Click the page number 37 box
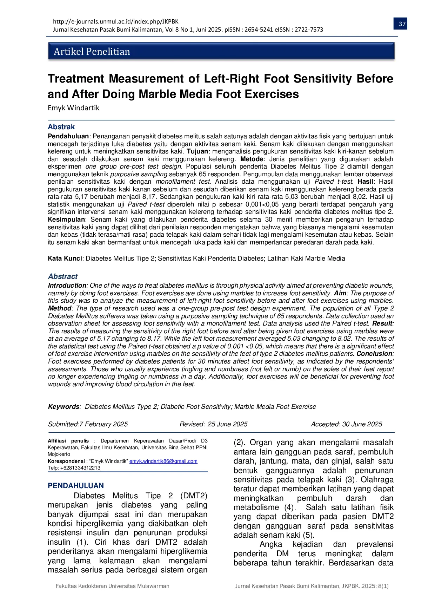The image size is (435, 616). (x=402, y=24)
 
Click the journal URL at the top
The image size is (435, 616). (x=116, y=21)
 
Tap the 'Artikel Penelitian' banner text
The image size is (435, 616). (x=92, y=52)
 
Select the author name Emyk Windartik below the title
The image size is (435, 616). (x=74, y=108)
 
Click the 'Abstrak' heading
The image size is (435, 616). (x=61, y=127)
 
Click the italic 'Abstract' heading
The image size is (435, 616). (x=63, y=276)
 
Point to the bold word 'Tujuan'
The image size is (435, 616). (x=198, y=151)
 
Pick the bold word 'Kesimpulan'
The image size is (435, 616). (x=66, y=219)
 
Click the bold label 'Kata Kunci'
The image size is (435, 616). (x=65, y=258)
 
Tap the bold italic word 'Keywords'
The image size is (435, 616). (x=64, y=406)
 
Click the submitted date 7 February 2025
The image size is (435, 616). (x=103, y=424)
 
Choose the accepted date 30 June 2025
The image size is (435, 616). (x=362, y=424)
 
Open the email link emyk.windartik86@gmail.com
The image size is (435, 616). (x=163, y=461)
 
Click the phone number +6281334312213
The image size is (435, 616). (x=80, y=468)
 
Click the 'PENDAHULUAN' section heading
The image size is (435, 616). (x=76, y=486)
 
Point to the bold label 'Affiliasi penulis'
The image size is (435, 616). (x=68, y=441)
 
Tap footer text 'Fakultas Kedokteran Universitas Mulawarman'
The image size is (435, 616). (x=113, y=586)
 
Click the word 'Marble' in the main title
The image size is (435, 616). (x=163, y=94)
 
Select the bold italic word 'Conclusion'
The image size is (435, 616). (x=374, y=354)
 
